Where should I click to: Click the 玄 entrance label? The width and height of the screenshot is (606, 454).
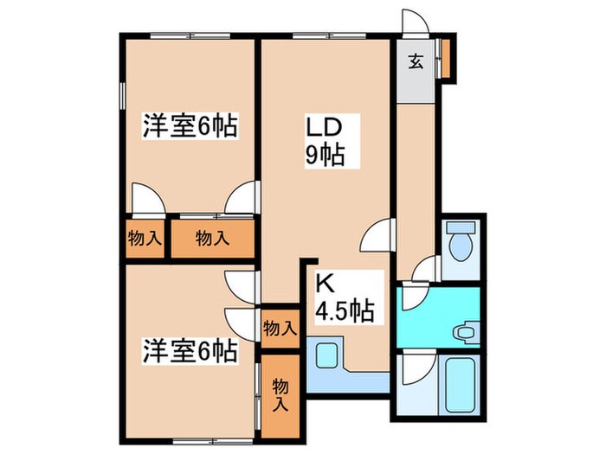tap(416, 62)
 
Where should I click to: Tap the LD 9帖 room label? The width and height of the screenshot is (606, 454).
tap(326, 142)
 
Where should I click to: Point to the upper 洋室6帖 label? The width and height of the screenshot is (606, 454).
tap(190, 127)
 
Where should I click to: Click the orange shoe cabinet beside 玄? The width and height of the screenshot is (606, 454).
tap(446, 57)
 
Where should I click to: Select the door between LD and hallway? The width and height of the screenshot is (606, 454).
tap(379, 233)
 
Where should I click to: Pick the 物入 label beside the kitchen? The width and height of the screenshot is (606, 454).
tap(280, 328)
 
